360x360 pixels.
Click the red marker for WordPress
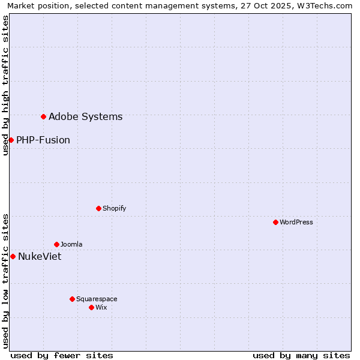point(275,222)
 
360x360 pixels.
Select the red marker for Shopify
point(98,208)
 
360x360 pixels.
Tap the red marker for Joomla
point(56,244)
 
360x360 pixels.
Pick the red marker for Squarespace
point(72,299)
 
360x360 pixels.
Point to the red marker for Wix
point(91,307)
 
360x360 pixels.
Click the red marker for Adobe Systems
point(43,116)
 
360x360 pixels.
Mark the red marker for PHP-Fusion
point(11,140)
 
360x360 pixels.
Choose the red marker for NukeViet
point(13,256)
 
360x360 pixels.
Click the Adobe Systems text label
point(85,117)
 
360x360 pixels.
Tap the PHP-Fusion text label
point(43,140)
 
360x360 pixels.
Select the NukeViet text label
point(40,257)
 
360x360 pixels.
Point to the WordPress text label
point(296,223)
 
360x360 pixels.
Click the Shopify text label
point(115,209)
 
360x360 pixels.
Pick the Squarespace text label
point(97,299)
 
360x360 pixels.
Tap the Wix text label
point(101,308)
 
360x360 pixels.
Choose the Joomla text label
point(71,245)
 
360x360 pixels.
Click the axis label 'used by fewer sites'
point(62,356)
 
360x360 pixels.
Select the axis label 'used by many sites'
point(301,356)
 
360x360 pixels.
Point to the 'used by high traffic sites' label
point(6,85)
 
